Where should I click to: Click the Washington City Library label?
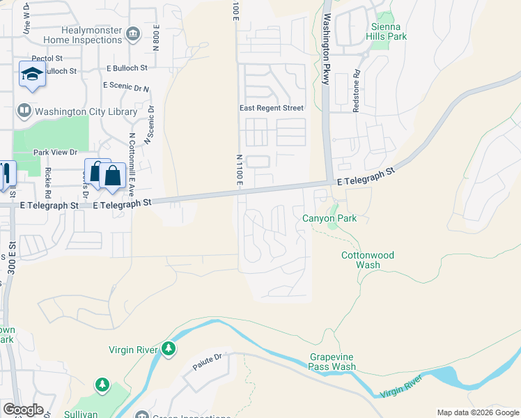[x=77, y=111]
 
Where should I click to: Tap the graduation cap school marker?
[x=32, y=74]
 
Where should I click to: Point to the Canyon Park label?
[x=329, y=219]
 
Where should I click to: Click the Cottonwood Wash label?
[x=367, y=260]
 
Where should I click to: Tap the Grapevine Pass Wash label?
[x=332, y=362]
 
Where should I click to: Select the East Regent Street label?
[x=272, y=108]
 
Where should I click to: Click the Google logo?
[x=23, y=410]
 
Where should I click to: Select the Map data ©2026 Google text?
[x=477, y=412]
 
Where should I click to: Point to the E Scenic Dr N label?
[x=126, y=87]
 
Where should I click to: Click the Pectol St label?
[x=47, y=59]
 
